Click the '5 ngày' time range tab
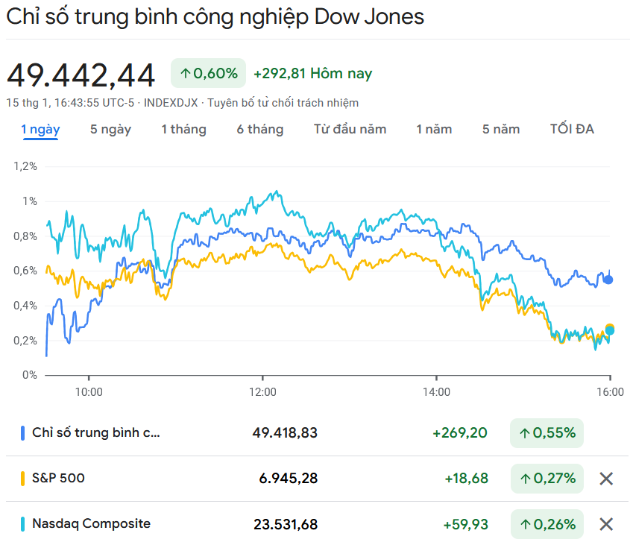click(110, 129)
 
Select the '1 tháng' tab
click(183, 129)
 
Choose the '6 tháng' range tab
click(260, 129)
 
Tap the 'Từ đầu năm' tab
click(350, 129)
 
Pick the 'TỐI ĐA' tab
click(572, 129)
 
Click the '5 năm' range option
click(501, 129)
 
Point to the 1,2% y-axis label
click(25, 166)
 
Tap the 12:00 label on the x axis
click(262, 391)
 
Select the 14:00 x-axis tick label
click(436, 391)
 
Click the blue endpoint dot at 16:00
click(608, 280)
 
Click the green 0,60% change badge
click(209, 73)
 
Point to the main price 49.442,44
click(81, 75)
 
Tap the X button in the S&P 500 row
click(606, 479)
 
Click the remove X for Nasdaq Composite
click(606, 524)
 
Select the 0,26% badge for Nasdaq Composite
click(546, 524)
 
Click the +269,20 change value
click(460, 433)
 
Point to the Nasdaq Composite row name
click(91, 523)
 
